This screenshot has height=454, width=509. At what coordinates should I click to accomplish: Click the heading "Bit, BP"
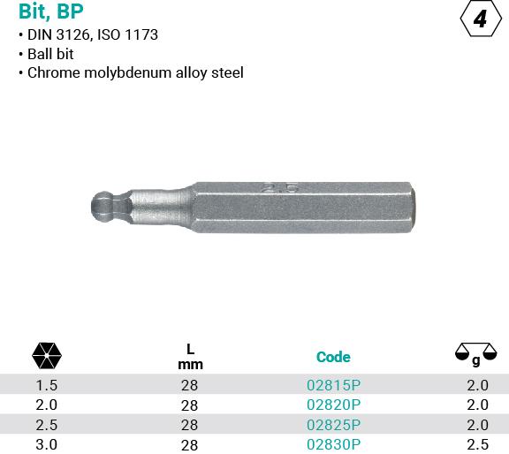(51, 11)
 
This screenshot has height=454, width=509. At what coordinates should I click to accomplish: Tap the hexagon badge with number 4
(481, 19)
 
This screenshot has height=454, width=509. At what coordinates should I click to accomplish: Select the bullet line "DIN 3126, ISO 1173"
(93, 34)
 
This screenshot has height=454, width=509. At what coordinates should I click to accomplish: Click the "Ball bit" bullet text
(50, 54)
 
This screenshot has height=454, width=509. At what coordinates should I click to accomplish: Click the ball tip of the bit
(103, 206)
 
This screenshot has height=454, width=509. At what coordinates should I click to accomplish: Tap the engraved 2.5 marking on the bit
(280, 188)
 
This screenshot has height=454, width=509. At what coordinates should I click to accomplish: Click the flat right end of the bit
(413, 208)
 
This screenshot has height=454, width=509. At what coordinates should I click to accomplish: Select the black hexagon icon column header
(47, 355)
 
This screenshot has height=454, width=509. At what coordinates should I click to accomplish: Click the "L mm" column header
(190, 357)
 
